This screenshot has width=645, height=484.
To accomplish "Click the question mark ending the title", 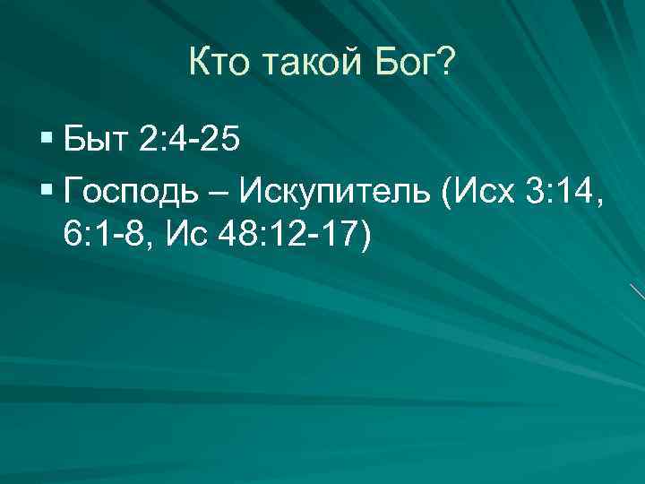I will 447,65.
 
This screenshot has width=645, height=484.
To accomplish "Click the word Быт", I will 96,141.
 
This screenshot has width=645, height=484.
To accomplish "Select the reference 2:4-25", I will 189,141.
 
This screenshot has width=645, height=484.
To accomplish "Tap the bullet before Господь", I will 47,192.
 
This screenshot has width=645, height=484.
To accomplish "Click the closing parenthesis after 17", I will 364,235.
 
